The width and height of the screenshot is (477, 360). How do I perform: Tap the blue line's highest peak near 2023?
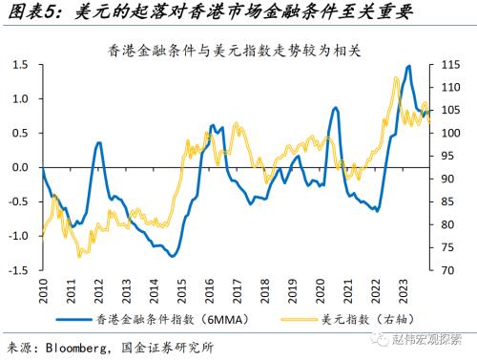[x=408, y=67]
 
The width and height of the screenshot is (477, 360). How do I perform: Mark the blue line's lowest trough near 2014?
[x=172, y=256]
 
